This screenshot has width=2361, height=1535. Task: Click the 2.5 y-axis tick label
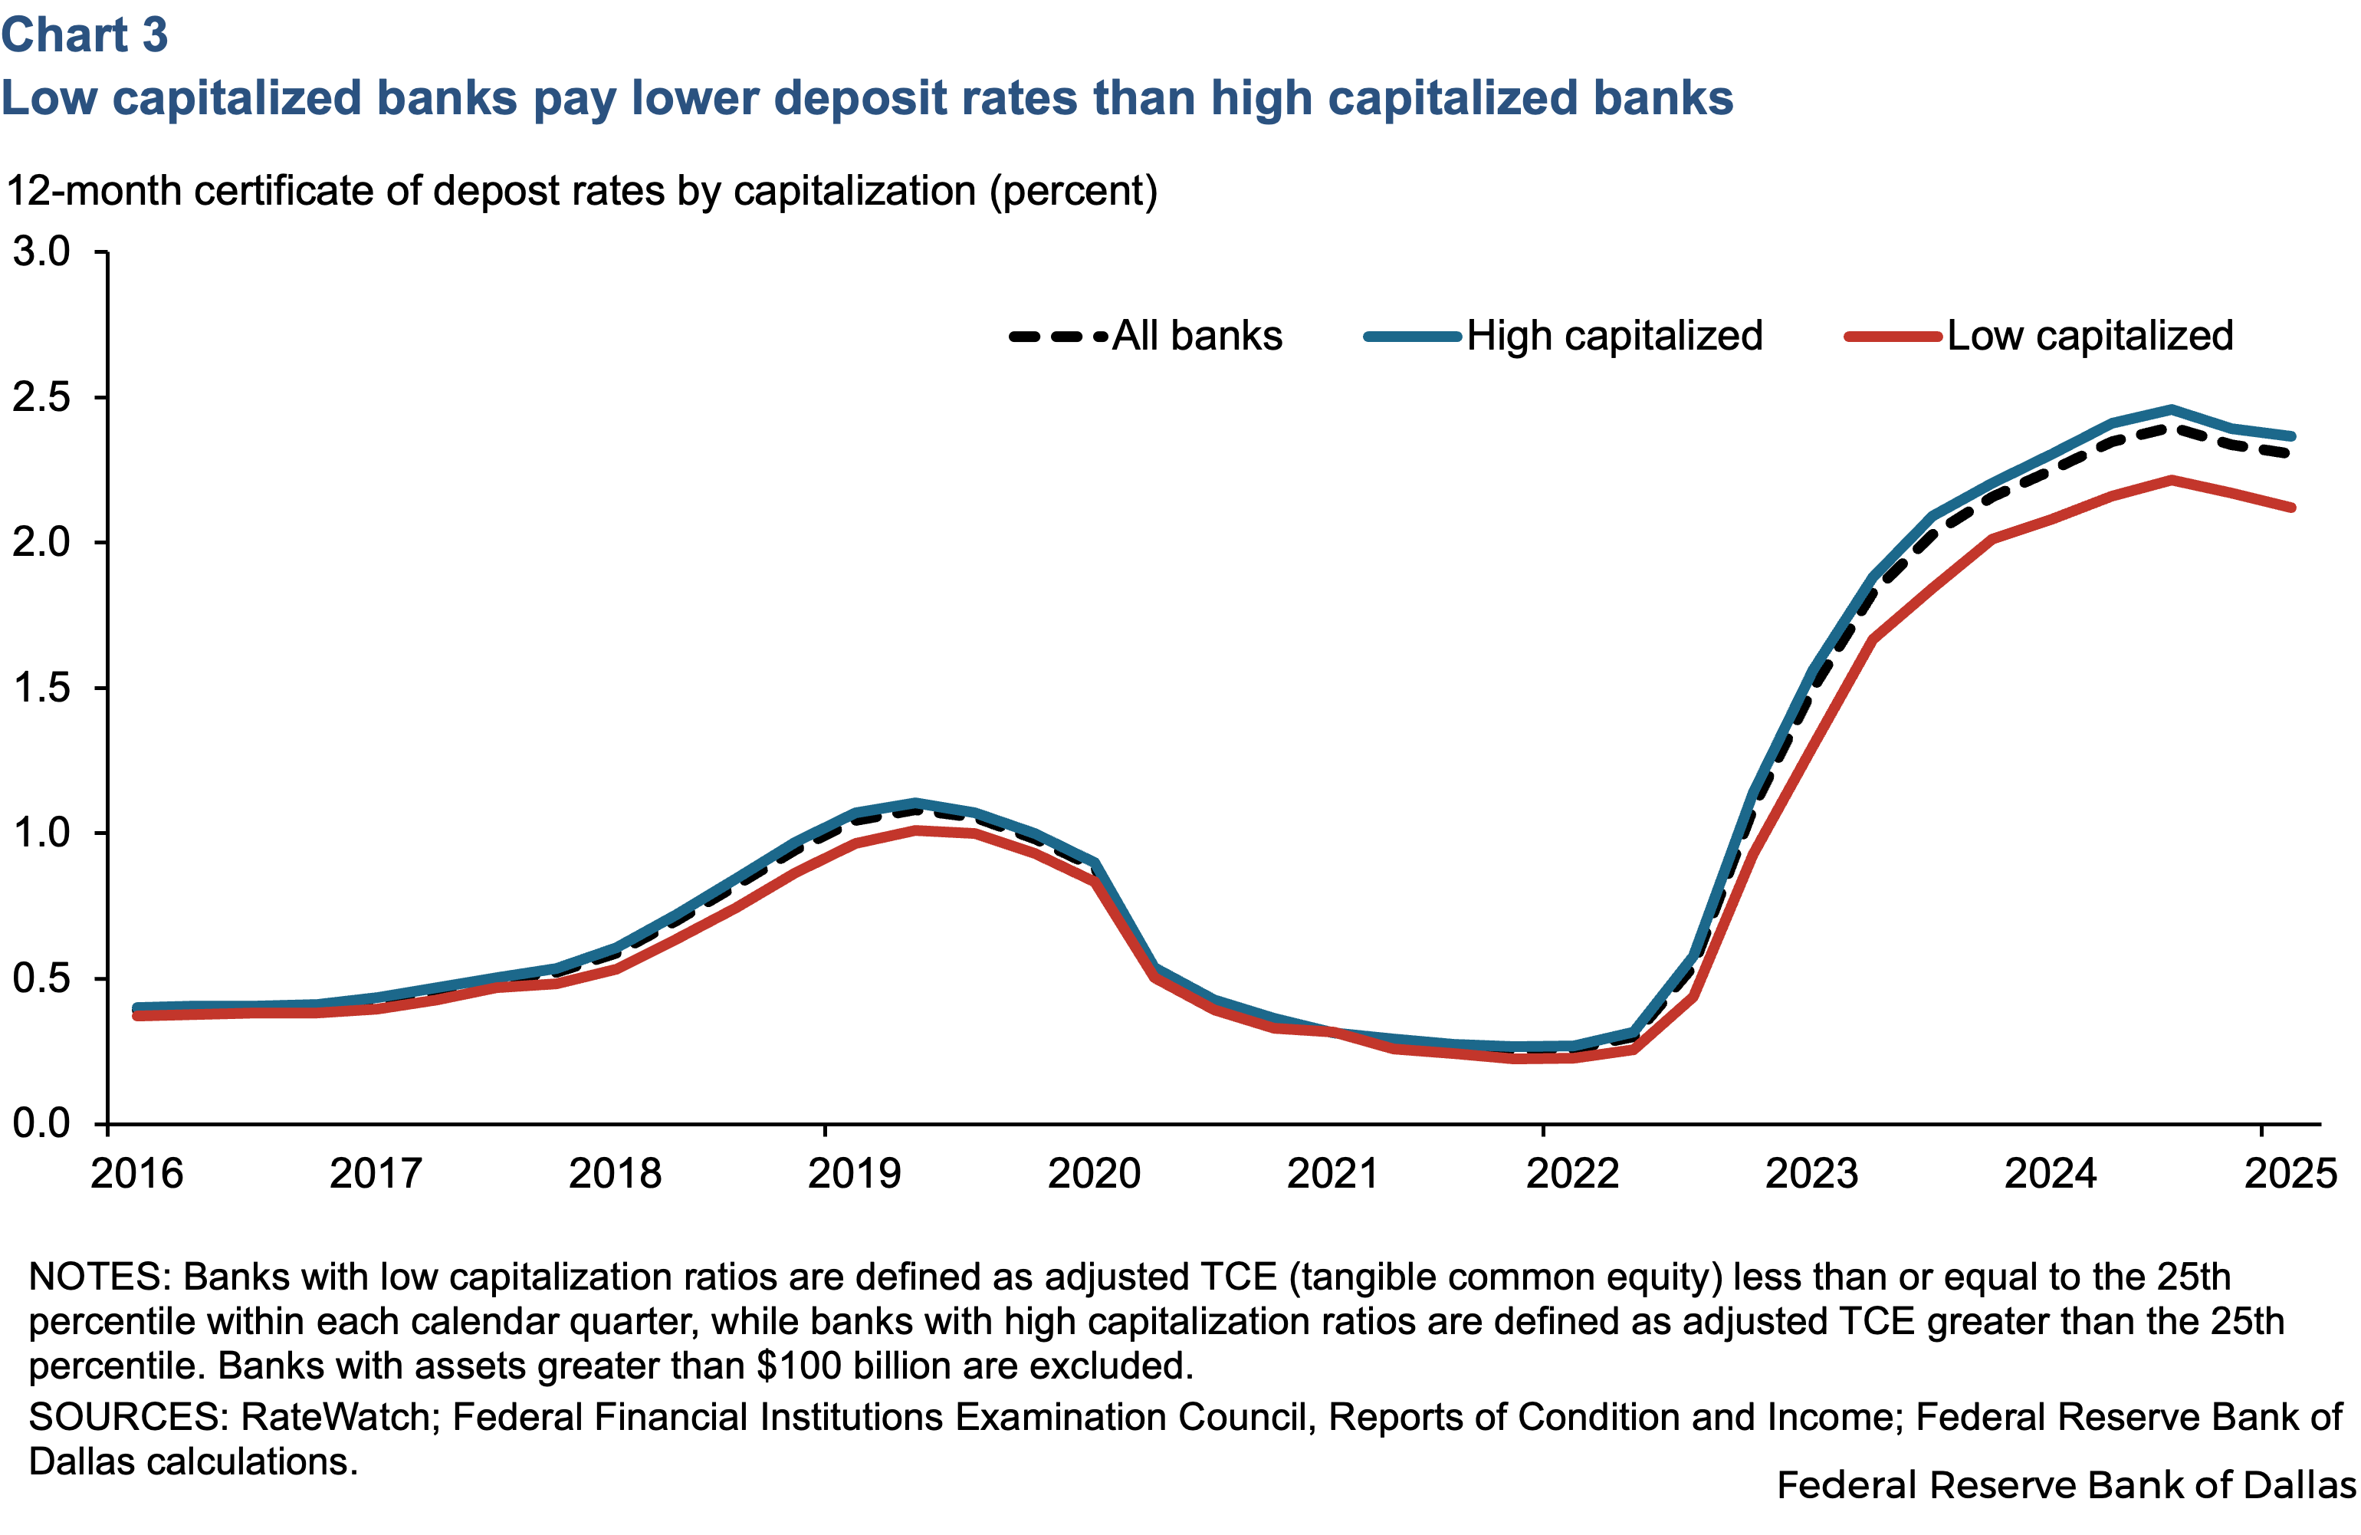(41, 397)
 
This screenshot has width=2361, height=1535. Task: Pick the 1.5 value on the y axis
(41, 688)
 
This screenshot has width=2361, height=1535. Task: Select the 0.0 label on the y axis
(41, 1123)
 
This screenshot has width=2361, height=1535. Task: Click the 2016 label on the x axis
(137, 1174)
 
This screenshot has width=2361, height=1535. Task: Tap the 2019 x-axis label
(854, 1174)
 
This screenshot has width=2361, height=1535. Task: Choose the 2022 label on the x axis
(1572, 1174)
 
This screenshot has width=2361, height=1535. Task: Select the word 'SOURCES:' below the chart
(129, 1417)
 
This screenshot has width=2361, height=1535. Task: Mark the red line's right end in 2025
(2291, 508)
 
